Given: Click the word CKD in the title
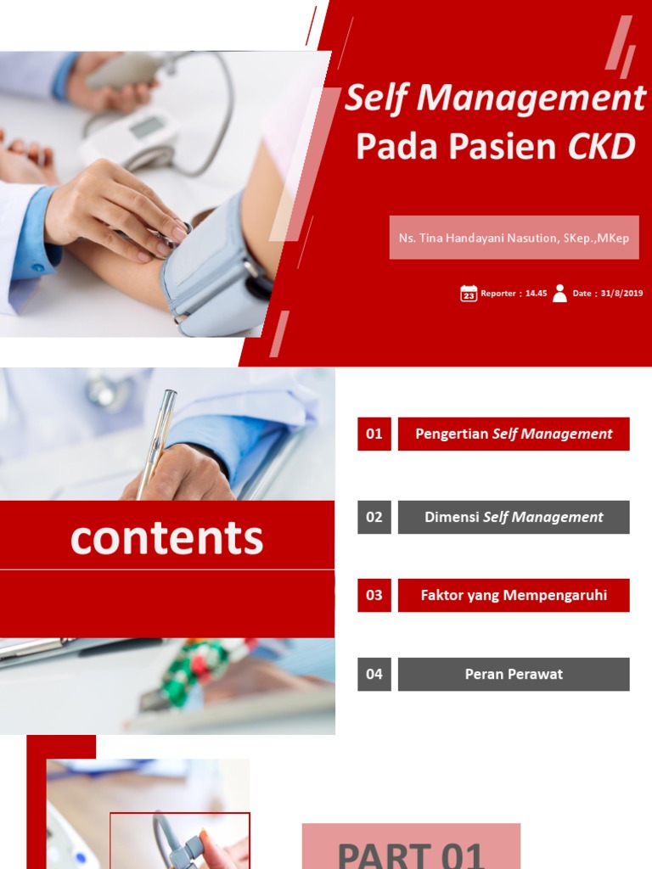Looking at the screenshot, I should [601, 147].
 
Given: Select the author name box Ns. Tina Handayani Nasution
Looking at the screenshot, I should [514, 238].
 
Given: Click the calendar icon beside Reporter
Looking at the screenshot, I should [469, 294].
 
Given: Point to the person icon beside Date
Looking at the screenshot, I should [559, 294].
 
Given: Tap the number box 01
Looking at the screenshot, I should [374, 434].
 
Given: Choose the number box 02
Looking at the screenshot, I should [374, 517].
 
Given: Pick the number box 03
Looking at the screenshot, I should [374, 596].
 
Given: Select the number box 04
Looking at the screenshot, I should [374, 675].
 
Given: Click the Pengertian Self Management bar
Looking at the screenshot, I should [514, 434].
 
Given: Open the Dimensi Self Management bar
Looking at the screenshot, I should [514, 517].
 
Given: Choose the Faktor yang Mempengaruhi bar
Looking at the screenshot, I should [514, 596].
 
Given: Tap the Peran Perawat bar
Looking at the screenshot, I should [514, 675].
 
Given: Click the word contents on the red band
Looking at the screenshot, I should [166, 538].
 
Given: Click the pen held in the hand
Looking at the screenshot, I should [157, 441].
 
